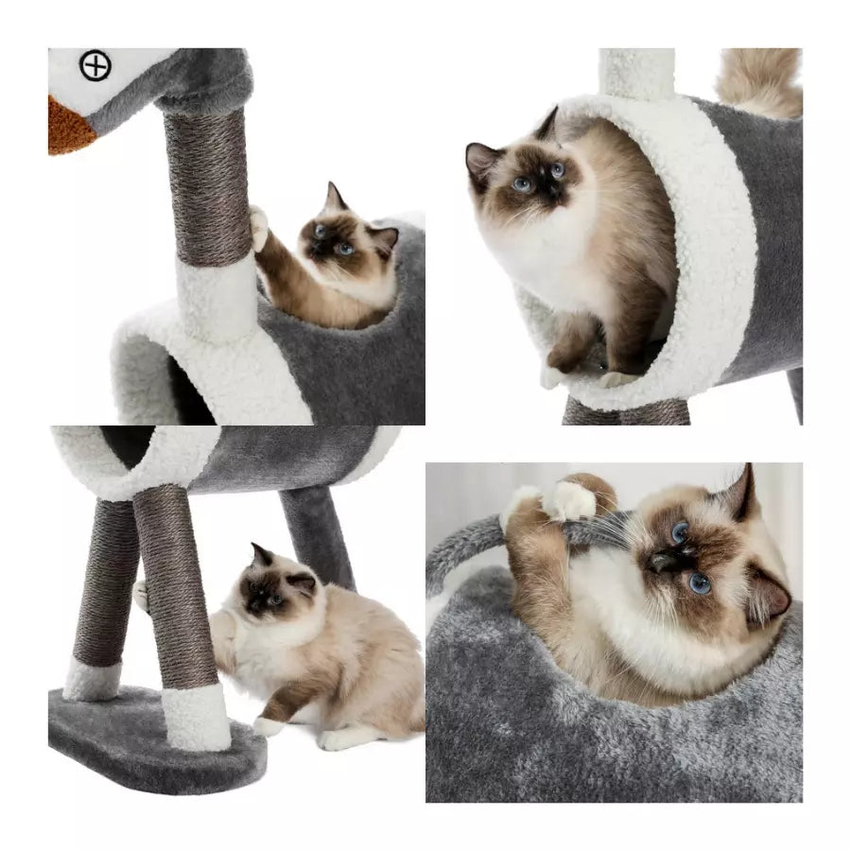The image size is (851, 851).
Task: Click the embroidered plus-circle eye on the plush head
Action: pyautogui.click(x=96, y=66)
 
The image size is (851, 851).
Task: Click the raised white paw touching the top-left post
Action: pyautogui.click(x=257, y=225)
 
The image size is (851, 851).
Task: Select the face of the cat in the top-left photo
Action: pyautogui.click(x=333, y=242)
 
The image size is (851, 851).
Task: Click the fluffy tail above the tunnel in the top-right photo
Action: pyautogui.click(x=761, y=79)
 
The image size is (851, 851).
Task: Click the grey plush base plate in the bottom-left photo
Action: pyautogui.click(x=142, y=743)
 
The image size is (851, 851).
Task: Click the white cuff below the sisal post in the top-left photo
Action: pyautogui.click(x=215, y=297)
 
